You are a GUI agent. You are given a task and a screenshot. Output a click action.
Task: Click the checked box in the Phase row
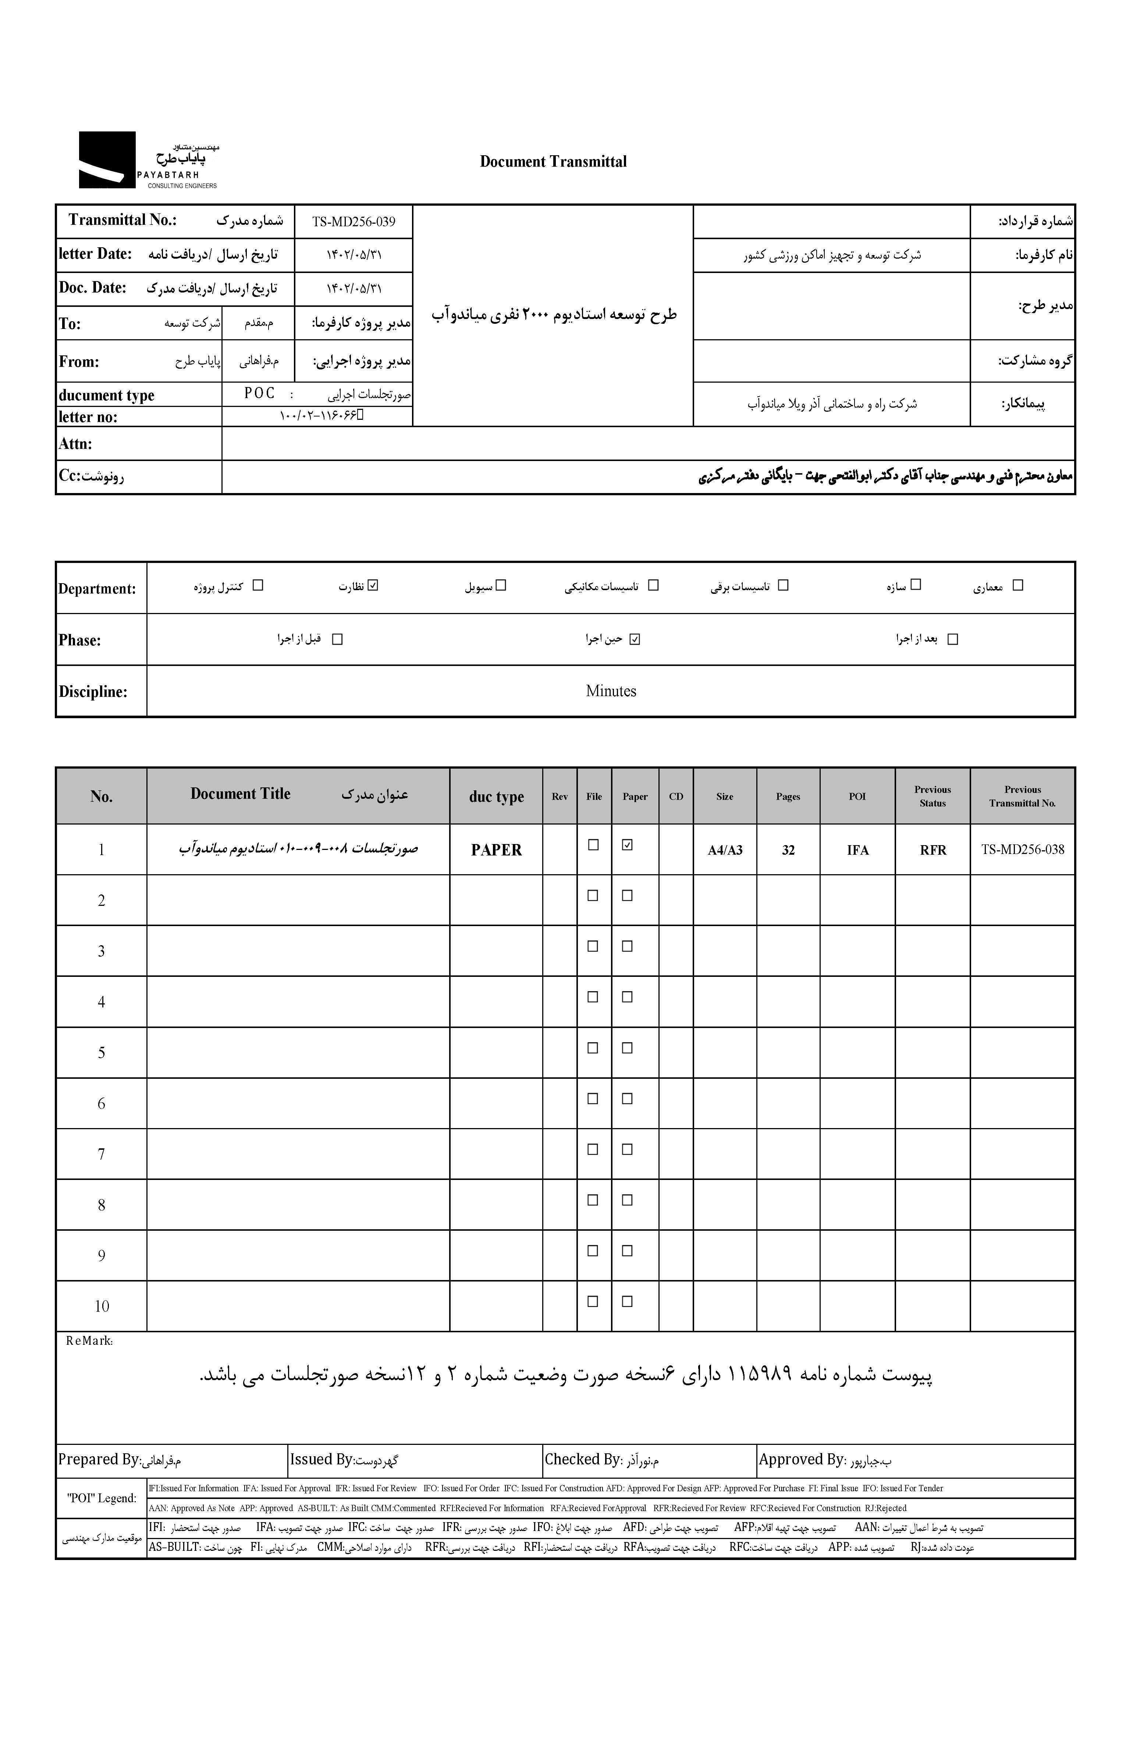[x=634, y=639]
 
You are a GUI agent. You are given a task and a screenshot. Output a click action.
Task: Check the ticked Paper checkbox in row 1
[x=626, y=844]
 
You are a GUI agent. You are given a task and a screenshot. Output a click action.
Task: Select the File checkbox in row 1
[x=593, y=844]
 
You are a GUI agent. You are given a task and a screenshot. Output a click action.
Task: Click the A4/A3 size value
[x=725, y=850]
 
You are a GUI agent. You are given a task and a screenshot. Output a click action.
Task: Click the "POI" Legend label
[x=102, y=1498]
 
